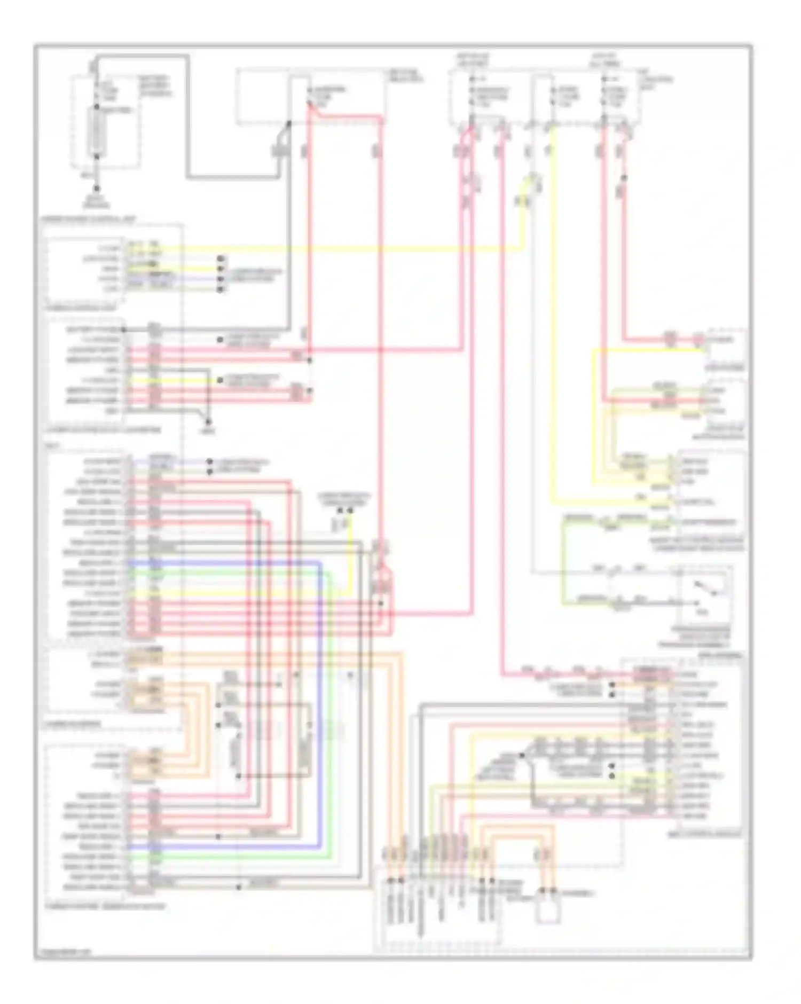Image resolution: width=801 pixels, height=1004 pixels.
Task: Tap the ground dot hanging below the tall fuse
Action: (x=97, y=189)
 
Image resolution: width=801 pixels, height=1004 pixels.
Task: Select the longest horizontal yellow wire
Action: (x=342, y=249)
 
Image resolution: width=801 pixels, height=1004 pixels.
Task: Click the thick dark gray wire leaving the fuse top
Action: (x=187, y=117)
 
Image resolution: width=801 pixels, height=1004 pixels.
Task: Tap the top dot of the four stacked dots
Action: (x=221, y=259)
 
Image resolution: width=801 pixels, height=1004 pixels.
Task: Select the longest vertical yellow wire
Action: (x=553, y=315)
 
